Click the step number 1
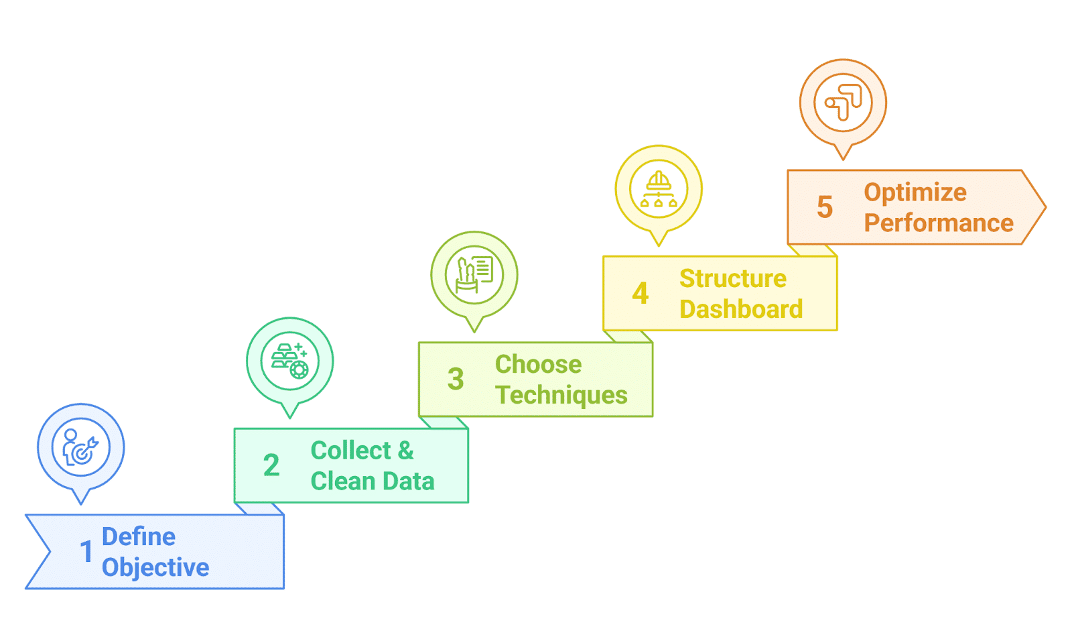[x=86, y=551]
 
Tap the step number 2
[x=271, y=465]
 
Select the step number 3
[x=456, y=379]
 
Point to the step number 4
[x=641, y=293]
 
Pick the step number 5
[x=825, y=207]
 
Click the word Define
[x=139, y=536]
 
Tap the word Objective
[x=155, y=568]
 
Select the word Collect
[x=351, y=451]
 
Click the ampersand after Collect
[x=405, y=451]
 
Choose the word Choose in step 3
[x=539, y=364]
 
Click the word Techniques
[x=561, y=395]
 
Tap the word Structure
[x=733, y=278]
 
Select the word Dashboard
[x=741, y=309]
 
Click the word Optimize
[x=915, y=193]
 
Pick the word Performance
[x=939, y=223]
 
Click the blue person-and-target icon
[x=81, y=447]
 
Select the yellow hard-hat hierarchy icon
[x=659, y=189]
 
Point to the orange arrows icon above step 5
[x=844, y=103]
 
